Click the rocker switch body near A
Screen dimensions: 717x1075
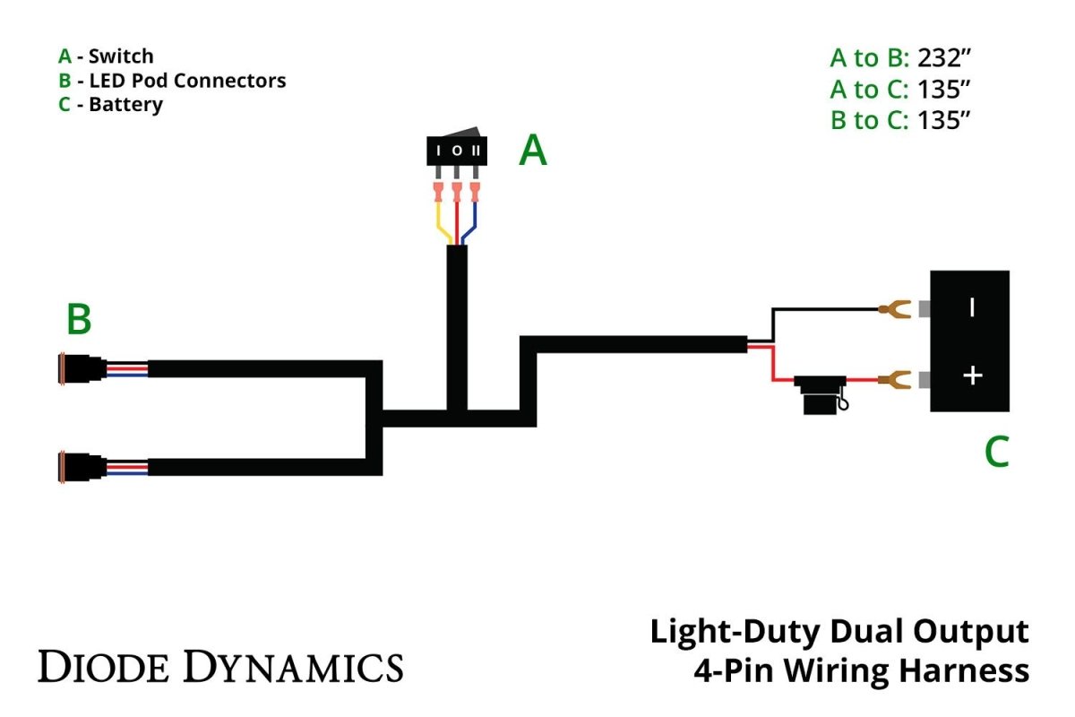click(x=457, y=150)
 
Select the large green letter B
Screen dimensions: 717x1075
click(x=78, y=320)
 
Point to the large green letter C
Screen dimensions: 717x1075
click(x=997, y=452)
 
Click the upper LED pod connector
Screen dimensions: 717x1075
click(x=81, y=368)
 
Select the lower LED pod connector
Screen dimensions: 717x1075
click(x=81, y=467)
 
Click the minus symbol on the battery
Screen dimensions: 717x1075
click(x=972, y=308)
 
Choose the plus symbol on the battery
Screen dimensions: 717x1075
click(x=972, y=376)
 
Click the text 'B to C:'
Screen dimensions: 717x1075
click(x=869, y=120)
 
